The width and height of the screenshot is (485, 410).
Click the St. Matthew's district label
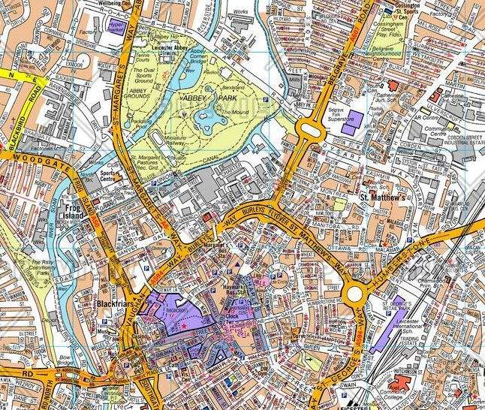click(x=385, y=198)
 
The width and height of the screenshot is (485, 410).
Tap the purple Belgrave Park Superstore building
click(x=349, y=126)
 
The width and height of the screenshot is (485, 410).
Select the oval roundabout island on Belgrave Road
click(x=309, y=134)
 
